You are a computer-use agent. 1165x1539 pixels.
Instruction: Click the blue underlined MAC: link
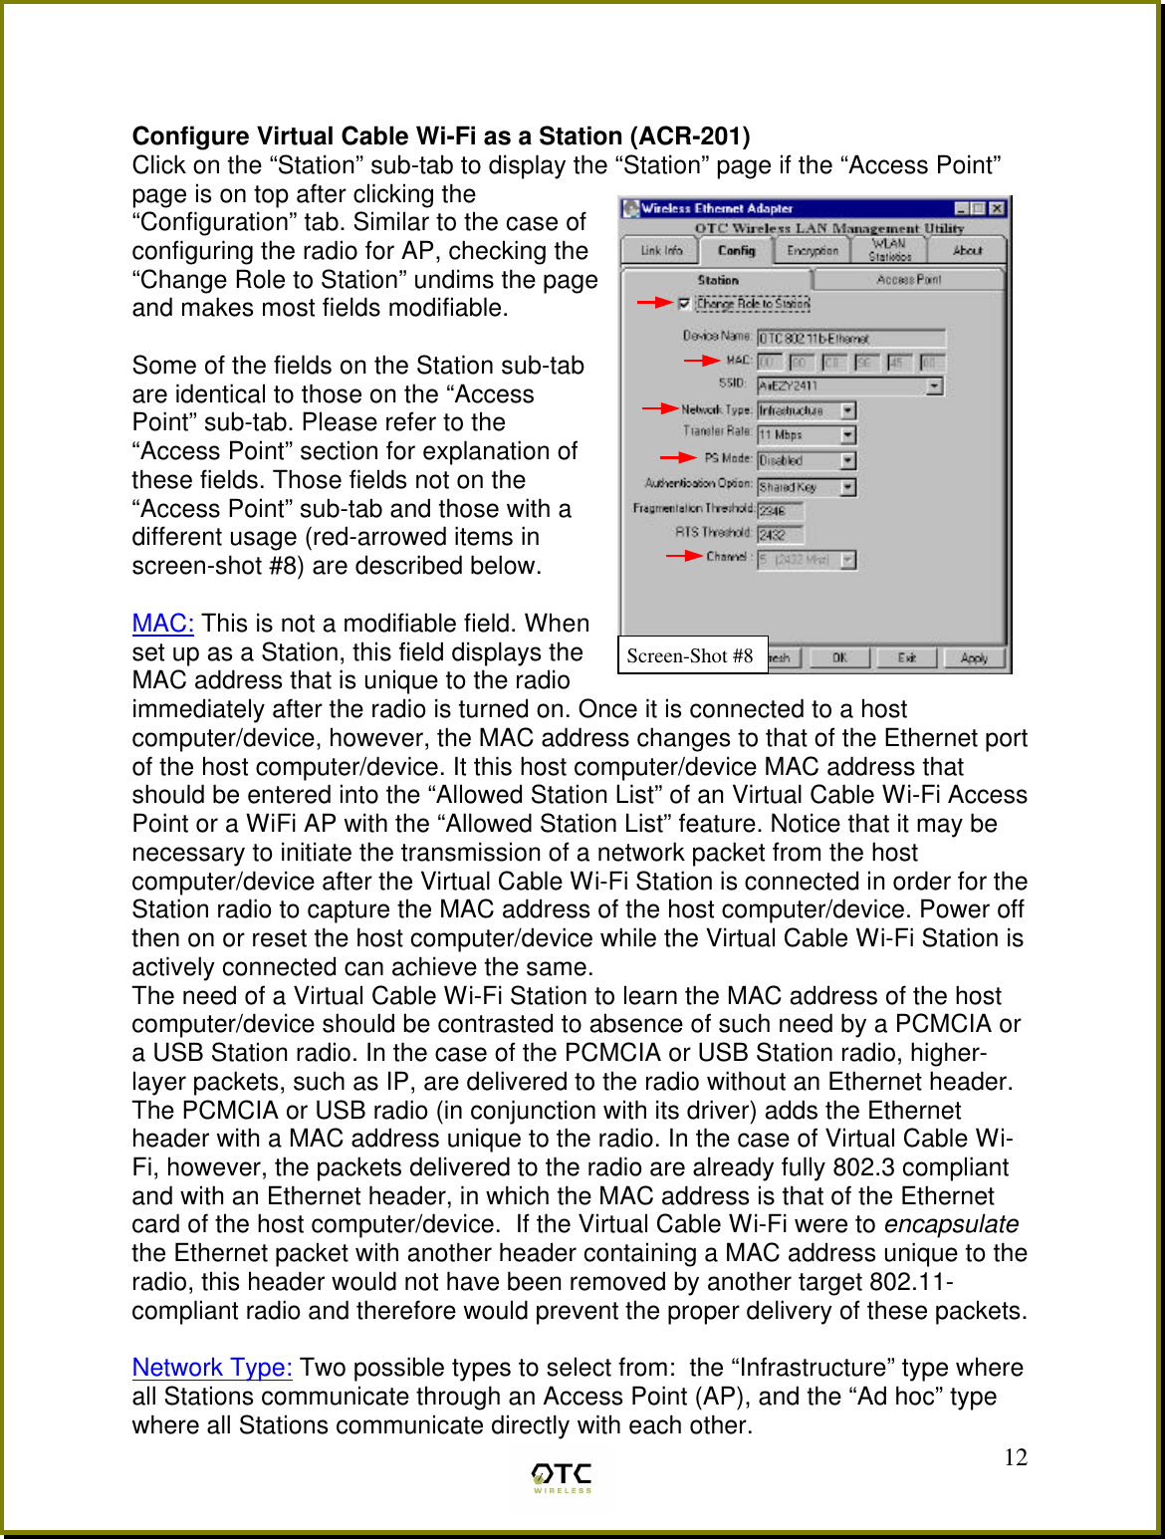coord(162,624)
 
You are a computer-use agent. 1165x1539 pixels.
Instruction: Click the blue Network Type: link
coord(212,1368)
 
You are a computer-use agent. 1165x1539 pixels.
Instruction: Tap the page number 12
coord(1015,1457)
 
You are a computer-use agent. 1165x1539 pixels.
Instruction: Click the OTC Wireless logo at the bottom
coord(562,1477)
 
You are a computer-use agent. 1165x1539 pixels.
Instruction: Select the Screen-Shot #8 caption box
coord(691,655)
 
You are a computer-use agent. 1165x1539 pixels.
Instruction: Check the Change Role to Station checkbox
coord(684,303)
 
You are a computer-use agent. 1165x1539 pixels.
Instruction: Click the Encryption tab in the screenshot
coord(813,251)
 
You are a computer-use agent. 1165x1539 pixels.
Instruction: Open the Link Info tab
coord(661,251)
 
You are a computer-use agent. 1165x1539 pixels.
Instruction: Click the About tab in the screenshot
coord(967,251)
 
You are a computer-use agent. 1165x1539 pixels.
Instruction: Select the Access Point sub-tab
coord(908,280)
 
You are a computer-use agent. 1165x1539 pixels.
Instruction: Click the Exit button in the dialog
coord(906,657)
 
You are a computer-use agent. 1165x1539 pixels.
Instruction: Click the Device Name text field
coord(850,339)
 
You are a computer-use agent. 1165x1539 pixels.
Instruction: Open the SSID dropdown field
coord(934,385)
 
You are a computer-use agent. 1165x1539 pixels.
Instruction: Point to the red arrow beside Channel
coord(684,556)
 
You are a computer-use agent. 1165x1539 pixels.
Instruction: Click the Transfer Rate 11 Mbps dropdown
coord(807,434)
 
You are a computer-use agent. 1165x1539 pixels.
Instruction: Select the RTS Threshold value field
coord(780,534)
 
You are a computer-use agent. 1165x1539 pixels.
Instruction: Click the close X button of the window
coord(997,208)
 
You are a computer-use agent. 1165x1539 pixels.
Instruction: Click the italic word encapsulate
coord(951,1224)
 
